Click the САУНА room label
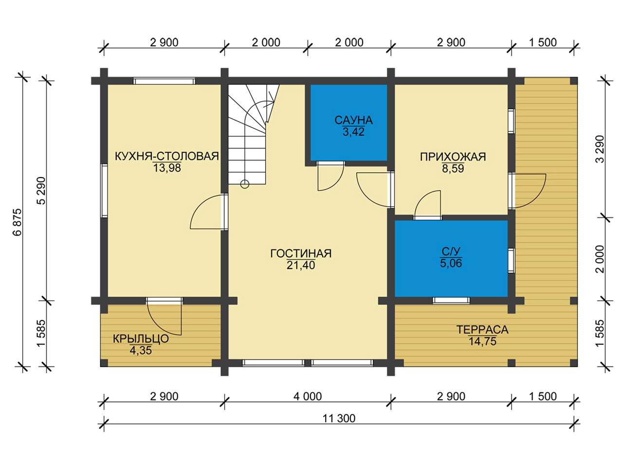353,120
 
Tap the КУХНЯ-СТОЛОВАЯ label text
167,156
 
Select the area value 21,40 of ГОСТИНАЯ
301,265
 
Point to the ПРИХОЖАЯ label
453,157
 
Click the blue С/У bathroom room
451,258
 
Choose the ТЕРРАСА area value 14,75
482,341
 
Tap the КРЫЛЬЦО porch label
141,339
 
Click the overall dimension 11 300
339,418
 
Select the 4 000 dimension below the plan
308,396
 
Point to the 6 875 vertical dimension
18,222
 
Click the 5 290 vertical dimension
42,191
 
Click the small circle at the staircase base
245,184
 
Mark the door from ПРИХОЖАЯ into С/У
428,205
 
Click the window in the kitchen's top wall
165,81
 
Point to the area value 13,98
167,168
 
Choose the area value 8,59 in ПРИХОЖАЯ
453,169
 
